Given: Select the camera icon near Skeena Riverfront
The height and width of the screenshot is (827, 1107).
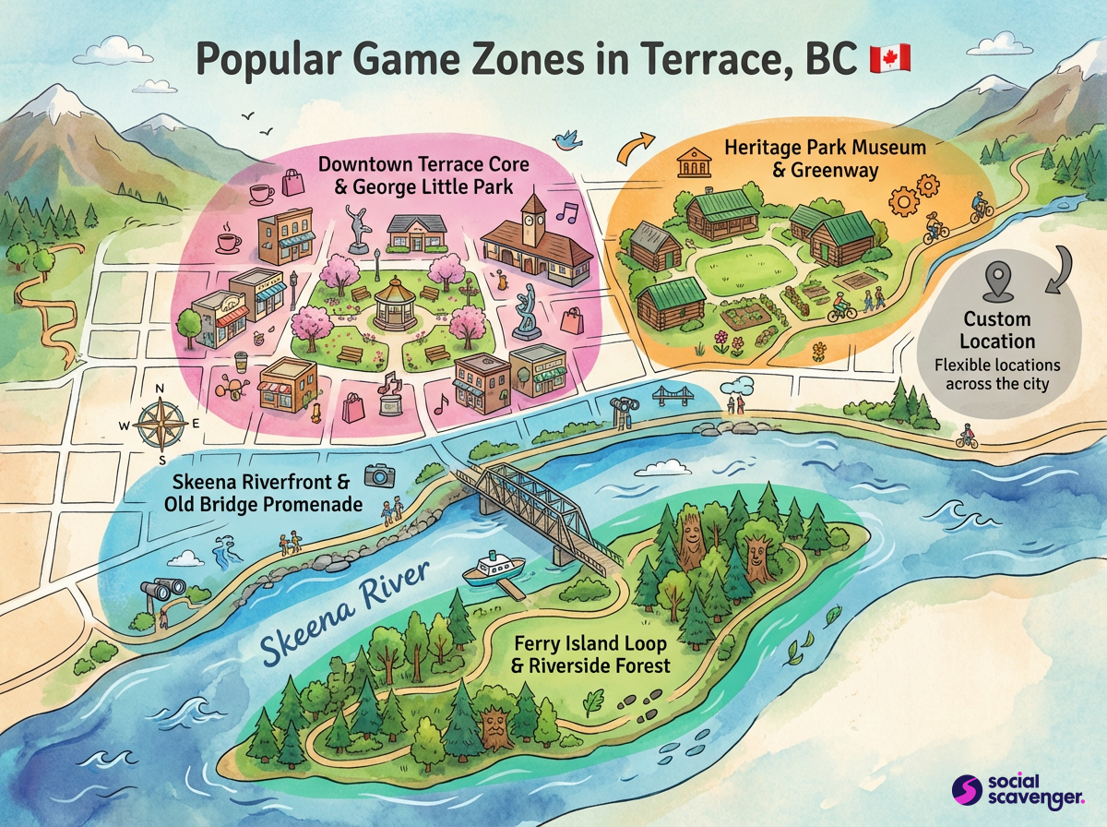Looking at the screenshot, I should (378, 475).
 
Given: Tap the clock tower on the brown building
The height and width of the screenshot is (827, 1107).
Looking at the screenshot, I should (534, 213).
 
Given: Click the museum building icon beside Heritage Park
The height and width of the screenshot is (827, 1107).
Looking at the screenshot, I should (690, 165).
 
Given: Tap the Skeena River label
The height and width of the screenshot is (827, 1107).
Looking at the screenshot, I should (343, 615).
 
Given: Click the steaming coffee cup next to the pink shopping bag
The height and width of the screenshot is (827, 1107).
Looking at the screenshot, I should (262, 193).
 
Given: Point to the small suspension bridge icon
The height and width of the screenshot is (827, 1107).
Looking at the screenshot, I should (673, 396).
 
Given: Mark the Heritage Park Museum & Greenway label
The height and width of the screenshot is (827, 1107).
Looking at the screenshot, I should (800, 158).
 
